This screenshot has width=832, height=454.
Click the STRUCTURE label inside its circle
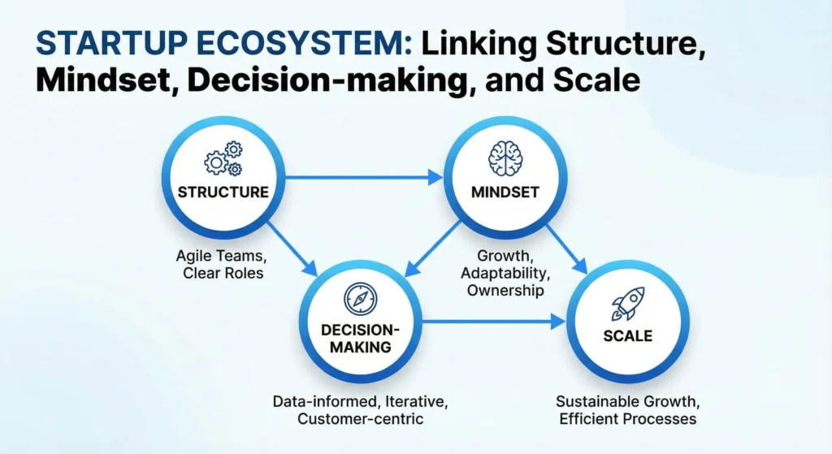(x=223, y=192)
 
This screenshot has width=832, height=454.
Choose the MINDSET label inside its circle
(x=500, y=192)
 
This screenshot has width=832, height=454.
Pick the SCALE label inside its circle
(x=627, y=335)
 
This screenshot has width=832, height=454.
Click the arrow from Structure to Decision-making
(x=288, y=247)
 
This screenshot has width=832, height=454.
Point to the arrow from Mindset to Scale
(x=565, y=247)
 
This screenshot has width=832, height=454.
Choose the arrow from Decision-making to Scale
(x=492, y=322)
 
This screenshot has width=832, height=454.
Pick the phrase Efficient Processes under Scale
(x=626, y=419)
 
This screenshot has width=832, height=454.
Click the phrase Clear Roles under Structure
(x=223, y=273)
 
